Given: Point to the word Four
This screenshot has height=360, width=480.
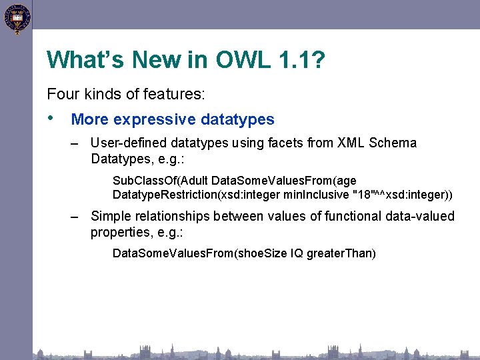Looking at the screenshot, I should (x=61, y=95).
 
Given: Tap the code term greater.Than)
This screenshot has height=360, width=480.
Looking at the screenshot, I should (x=341, y=253).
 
